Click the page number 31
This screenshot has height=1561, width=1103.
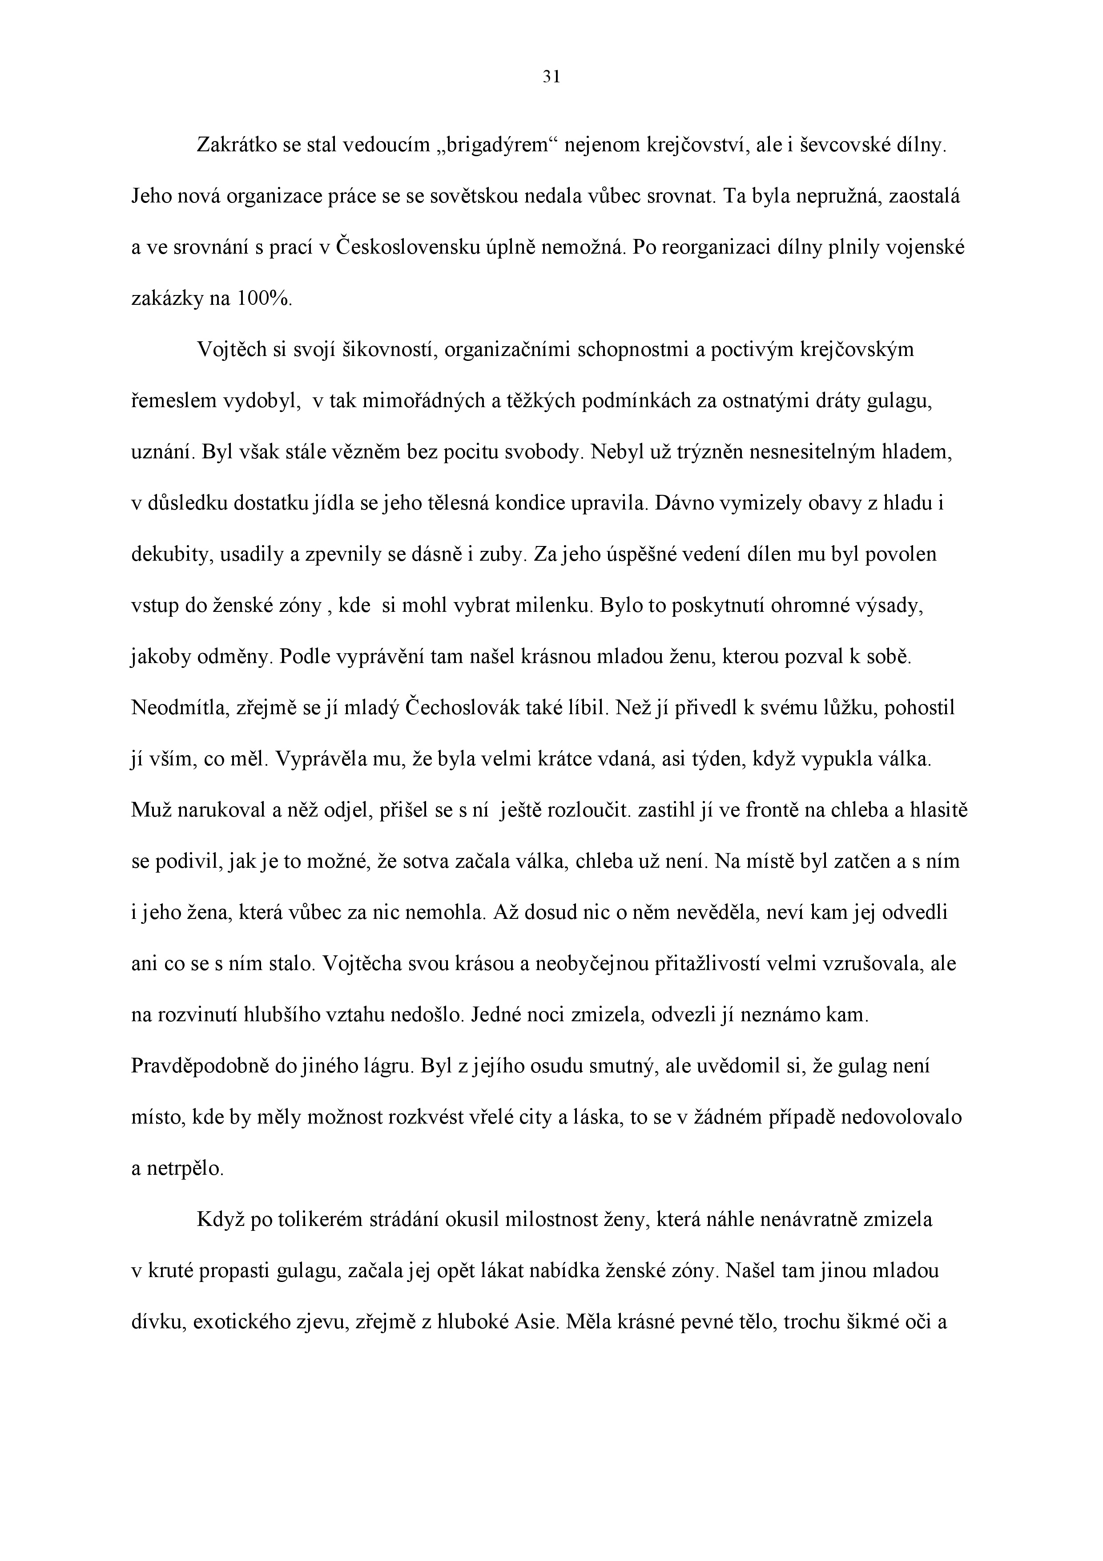click(x=551, y=77)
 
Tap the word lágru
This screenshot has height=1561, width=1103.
click(x=386, y=1067)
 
